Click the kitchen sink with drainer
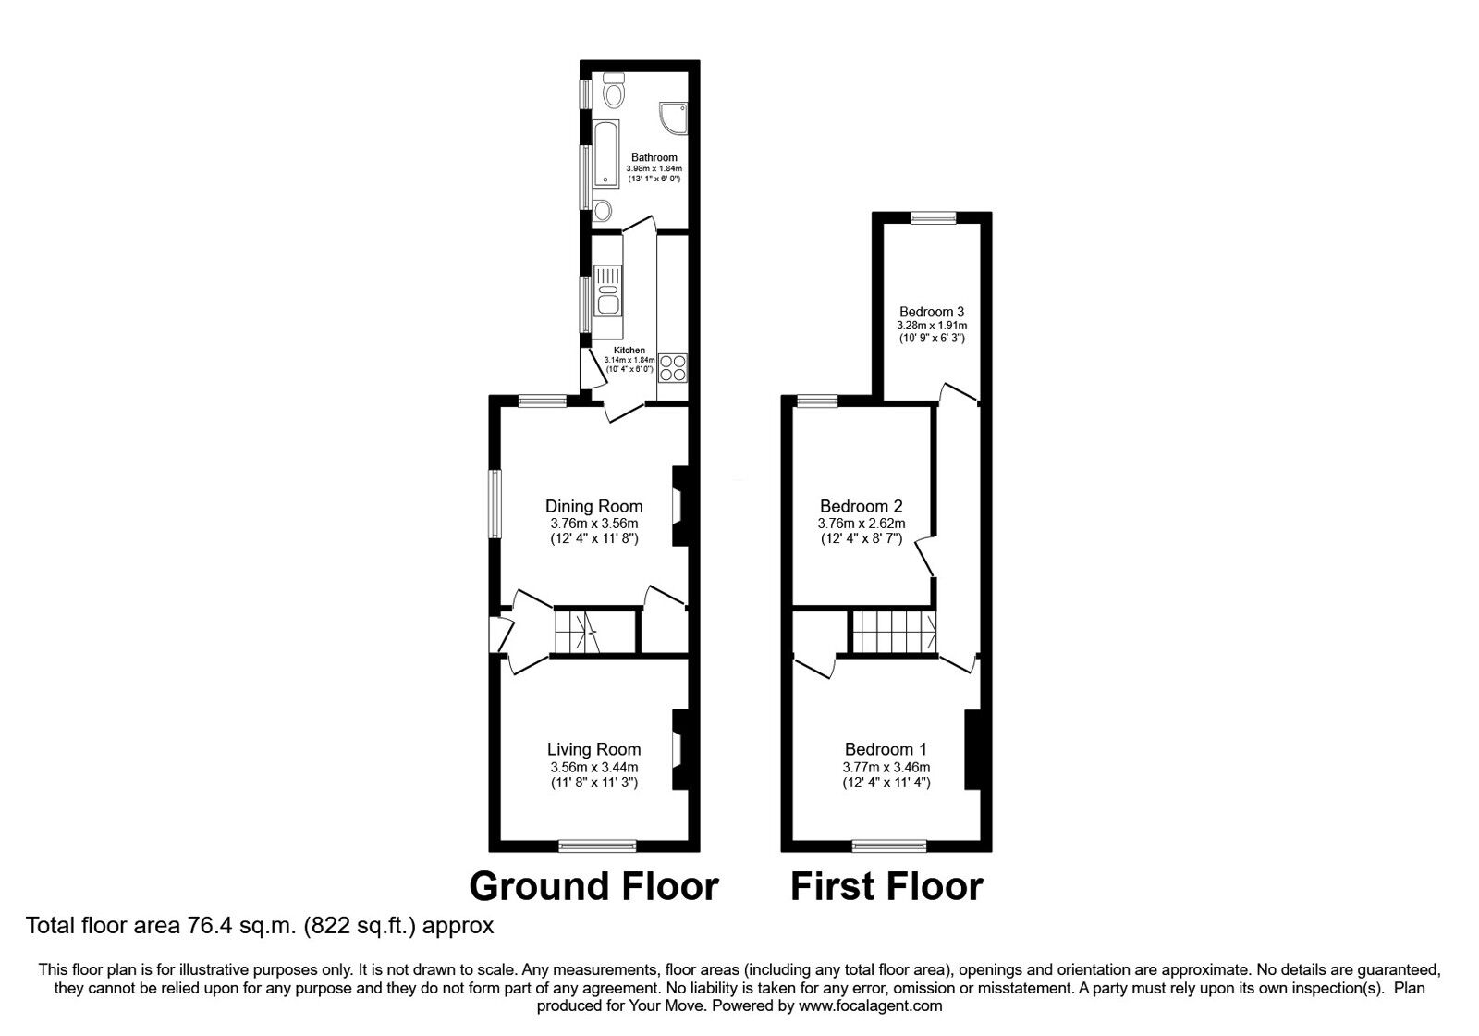point(607,290)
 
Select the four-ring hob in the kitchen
point(671,368)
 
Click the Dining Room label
point(593,506)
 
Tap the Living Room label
point(593,749)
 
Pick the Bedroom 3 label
point(932,313)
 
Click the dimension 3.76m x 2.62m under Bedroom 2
point(861,524)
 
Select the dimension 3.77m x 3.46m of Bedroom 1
point(886,767)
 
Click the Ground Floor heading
point(593,886)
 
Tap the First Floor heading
point(886,886)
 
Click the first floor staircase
point(892,633)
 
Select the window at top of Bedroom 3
point(933,218)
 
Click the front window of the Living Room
point(597,845)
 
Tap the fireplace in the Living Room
point(678,749)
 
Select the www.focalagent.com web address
point(871,1005)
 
